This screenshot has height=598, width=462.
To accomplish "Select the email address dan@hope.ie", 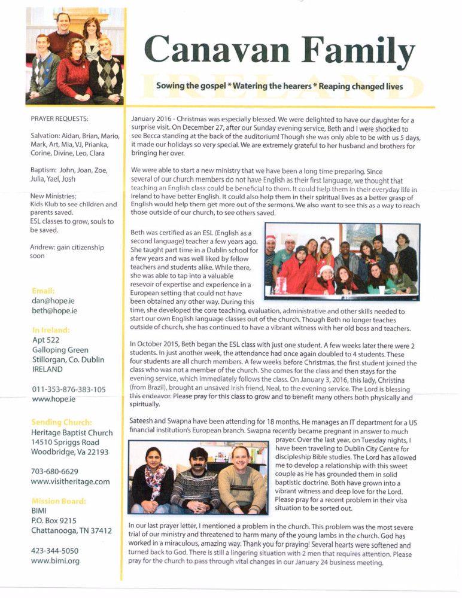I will click(53, 301).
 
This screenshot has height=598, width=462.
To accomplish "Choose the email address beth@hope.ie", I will click(54, 312).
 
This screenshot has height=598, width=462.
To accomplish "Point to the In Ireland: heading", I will click(51, 329).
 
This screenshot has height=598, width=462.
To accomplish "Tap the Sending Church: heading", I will click(62, 422).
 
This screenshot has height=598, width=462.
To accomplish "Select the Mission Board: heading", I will click(59, 501).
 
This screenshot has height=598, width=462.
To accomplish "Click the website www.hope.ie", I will click(53, 399).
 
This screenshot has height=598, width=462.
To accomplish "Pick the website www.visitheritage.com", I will click(70, 481).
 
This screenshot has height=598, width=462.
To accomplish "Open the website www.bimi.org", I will click(55, 561).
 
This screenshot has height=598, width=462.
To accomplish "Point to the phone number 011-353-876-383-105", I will click(69, 389).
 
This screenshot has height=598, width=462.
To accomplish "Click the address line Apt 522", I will click(47, 340).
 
